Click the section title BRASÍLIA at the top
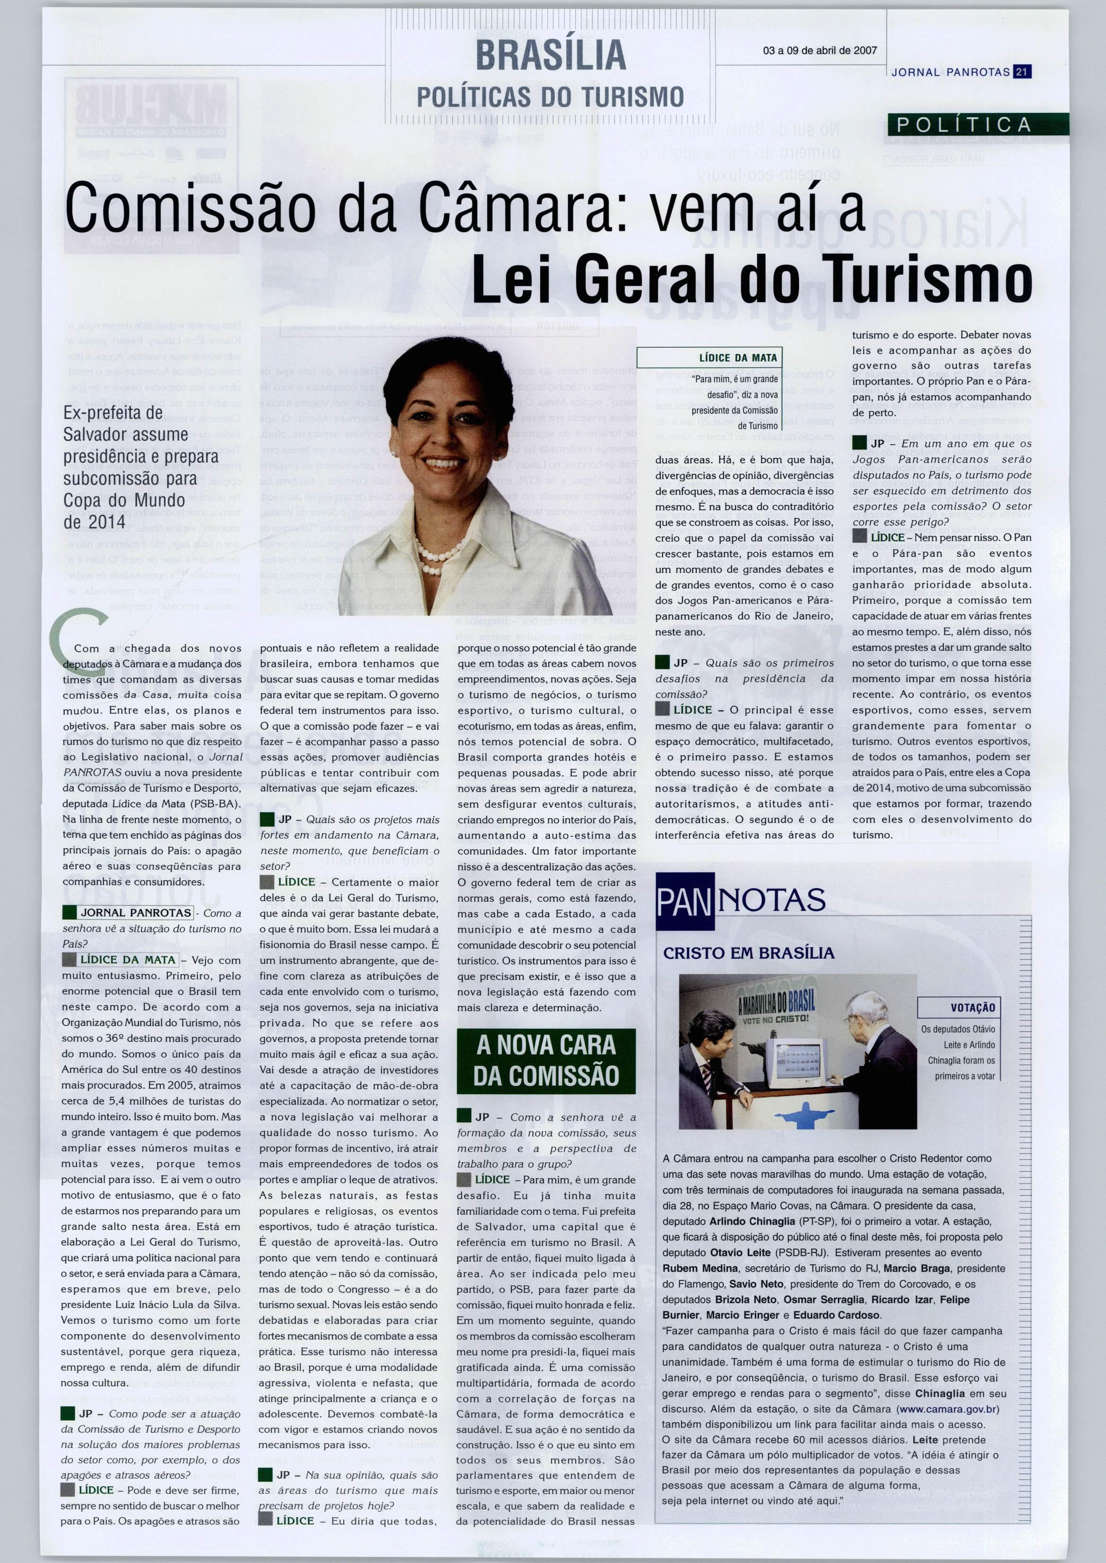pyautogui.click(x=550, y=54)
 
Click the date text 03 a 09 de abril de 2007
pyautogui.click(x=820, y=51)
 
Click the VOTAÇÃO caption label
pyautogui.click(x=973, y=1007)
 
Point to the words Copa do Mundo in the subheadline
pyautogui.click(x=124, y=501)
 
